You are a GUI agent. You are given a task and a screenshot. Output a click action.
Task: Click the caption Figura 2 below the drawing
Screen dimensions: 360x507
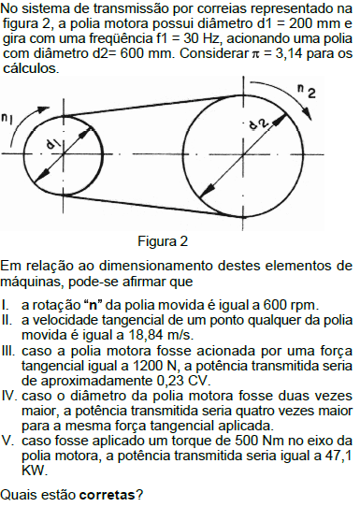(163, 240)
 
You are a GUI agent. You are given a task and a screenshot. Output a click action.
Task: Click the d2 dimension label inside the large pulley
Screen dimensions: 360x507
(258, 123)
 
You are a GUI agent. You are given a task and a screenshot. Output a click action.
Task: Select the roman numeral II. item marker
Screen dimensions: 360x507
(8, 320)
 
